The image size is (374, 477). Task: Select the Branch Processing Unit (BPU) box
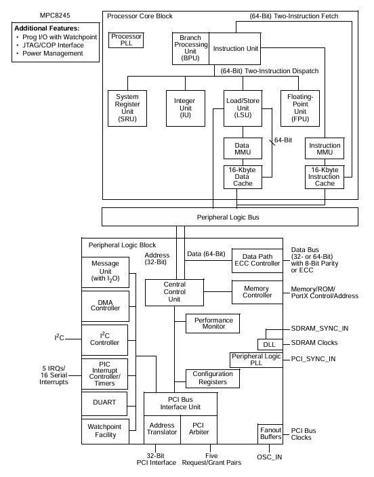pyautogui.click(x=190, y=48)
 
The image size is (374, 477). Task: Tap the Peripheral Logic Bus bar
pyautogui.click(x=230, y=217)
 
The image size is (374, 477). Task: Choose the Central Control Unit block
pyautogui.click(x=175, y=291)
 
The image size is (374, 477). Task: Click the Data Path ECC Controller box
pyautogui.click(x=257, y=260)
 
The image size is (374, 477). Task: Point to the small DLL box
pyautogui.click(x=269, y=344)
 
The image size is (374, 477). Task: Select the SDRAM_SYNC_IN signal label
pyautogui.click(x=320, y=329)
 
